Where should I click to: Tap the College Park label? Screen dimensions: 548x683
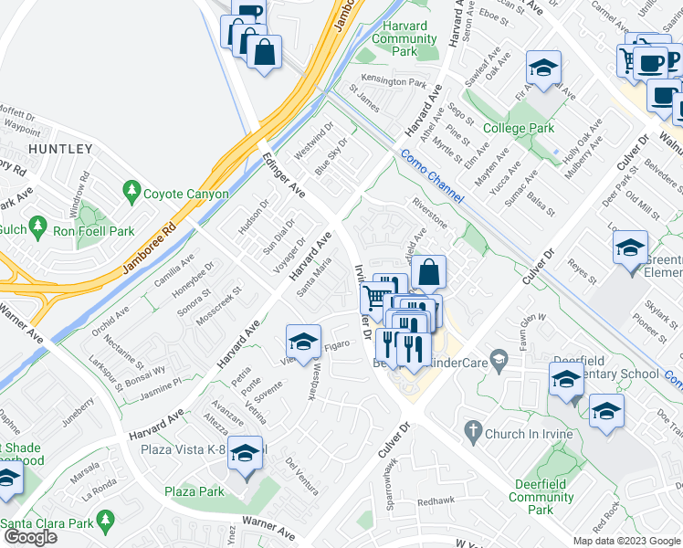tap(519, 129)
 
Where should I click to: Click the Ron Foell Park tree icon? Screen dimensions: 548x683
tap(37, 225)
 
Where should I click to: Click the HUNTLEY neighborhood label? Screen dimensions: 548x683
tap(60, 148)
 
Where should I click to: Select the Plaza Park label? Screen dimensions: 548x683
tap(194, 491)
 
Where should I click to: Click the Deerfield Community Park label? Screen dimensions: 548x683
tap(541, 490)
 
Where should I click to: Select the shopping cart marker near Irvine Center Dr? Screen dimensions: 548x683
tap(373, 299)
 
